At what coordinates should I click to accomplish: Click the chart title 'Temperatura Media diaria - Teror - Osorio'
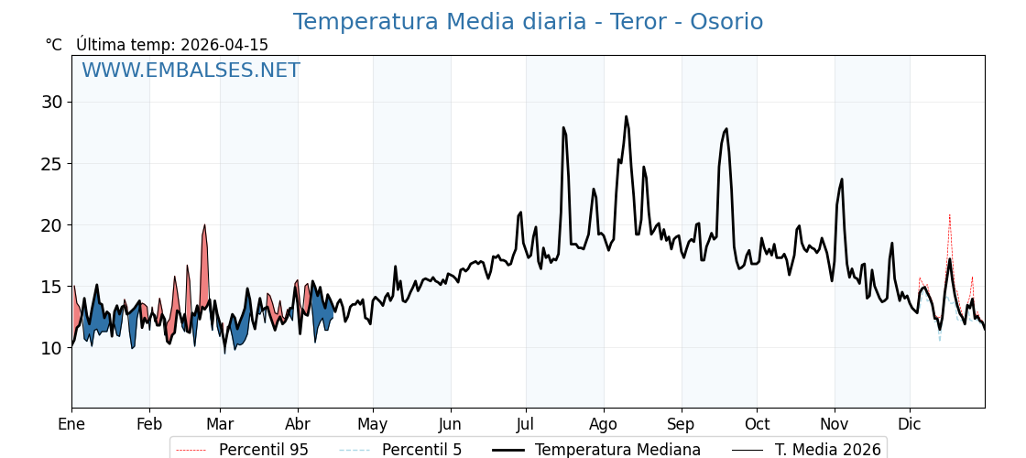[x=528, y=22]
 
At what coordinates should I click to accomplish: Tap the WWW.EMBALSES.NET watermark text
[x=191, y=71]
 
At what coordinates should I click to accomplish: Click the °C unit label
[x=54, y=45]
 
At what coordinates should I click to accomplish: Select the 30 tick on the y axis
[x=52, y=102]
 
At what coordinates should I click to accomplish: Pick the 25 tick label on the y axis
[x=52, y=164]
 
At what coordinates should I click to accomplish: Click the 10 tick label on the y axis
[x=52, y=348]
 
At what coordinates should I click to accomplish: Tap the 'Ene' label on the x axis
[x=71, y=424]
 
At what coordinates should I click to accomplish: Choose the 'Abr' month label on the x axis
[x=298, y=424]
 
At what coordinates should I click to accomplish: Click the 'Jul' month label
[x=526, y=424]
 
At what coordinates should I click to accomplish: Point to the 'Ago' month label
[x=604, y=424]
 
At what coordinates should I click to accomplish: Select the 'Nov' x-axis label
[x=835, y=424]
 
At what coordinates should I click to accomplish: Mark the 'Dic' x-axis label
[x=910, y=424]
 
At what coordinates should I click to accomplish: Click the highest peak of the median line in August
[x=627, y=116]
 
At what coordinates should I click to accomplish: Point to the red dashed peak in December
[x=949, y=214]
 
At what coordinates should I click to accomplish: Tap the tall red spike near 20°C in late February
[x=204, y=225]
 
